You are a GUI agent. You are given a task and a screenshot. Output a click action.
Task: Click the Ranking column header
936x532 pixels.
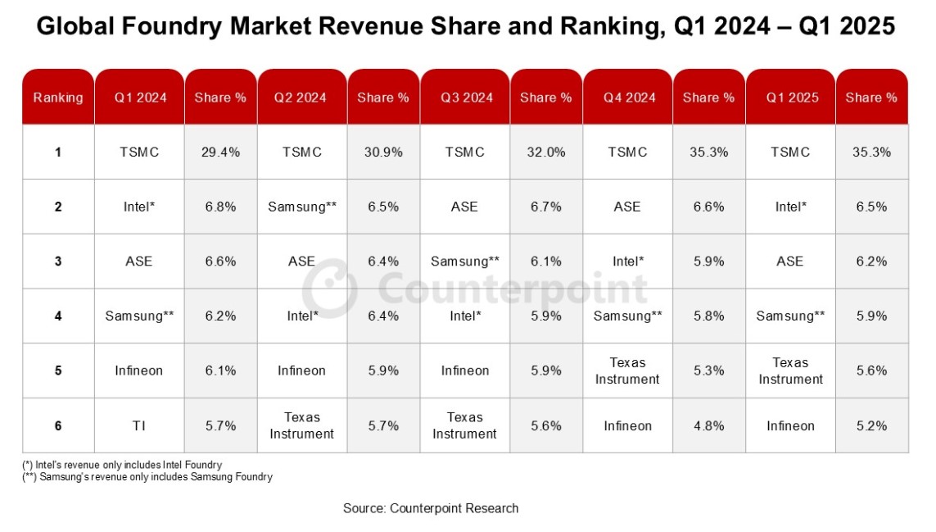pos(58,98)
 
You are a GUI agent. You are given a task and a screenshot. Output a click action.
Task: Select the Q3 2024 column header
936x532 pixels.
pos(466,98)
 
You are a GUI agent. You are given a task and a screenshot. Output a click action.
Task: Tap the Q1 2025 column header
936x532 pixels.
pos(791,98)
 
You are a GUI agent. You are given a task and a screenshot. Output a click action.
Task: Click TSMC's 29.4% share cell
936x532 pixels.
pos(220,152)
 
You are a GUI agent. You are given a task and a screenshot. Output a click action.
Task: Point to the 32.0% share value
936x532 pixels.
pos(545,152)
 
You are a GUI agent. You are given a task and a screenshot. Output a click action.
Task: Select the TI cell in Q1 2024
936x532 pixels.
pos(140,425)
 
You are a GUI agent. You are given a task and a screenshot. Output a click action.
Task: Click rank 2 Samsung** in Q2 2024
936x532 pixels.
pos(302,207)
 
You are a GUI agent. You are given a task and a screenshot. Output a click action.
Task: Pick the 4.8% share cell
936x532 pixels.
pos(708,425)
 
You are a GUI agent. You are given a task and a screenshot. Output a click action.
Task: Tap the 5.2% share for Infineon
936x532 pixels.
pos(871,425)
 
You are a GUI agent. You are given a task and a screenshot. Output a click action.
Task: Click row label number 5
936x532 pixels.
pos(58,371)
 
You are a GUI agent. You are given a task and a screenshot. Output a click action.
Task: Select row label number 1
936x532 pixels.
pos(58,152)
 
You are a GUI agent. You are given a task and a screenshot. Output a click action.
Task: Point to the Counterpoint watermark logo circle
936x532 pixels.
pos(330,289)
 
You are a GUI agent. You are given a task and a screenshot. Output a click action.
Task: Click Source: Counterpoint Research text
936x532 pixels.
pos(431,508)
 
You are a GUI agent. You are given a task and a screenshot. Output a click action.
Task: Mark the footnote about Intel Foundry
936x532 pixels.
pos(122,465)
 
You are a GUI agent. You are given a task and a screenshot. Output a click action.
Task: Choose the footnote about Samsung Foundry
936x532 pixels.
pos(147,476)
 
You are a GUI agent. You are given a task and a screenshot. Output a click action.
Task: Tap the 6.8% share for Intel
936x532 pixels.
pos(220,207)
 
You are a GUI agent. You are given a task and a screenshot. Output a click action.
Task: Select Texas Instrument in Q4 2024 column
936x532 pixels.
pos(627,371)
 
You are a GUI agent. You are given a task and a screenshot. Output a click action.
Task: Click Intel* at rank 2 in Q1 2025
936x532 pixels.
pos(790,207)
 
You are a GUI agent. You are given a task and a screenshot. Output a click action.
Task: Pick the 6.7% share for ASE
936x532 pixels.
pos(545,207)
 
